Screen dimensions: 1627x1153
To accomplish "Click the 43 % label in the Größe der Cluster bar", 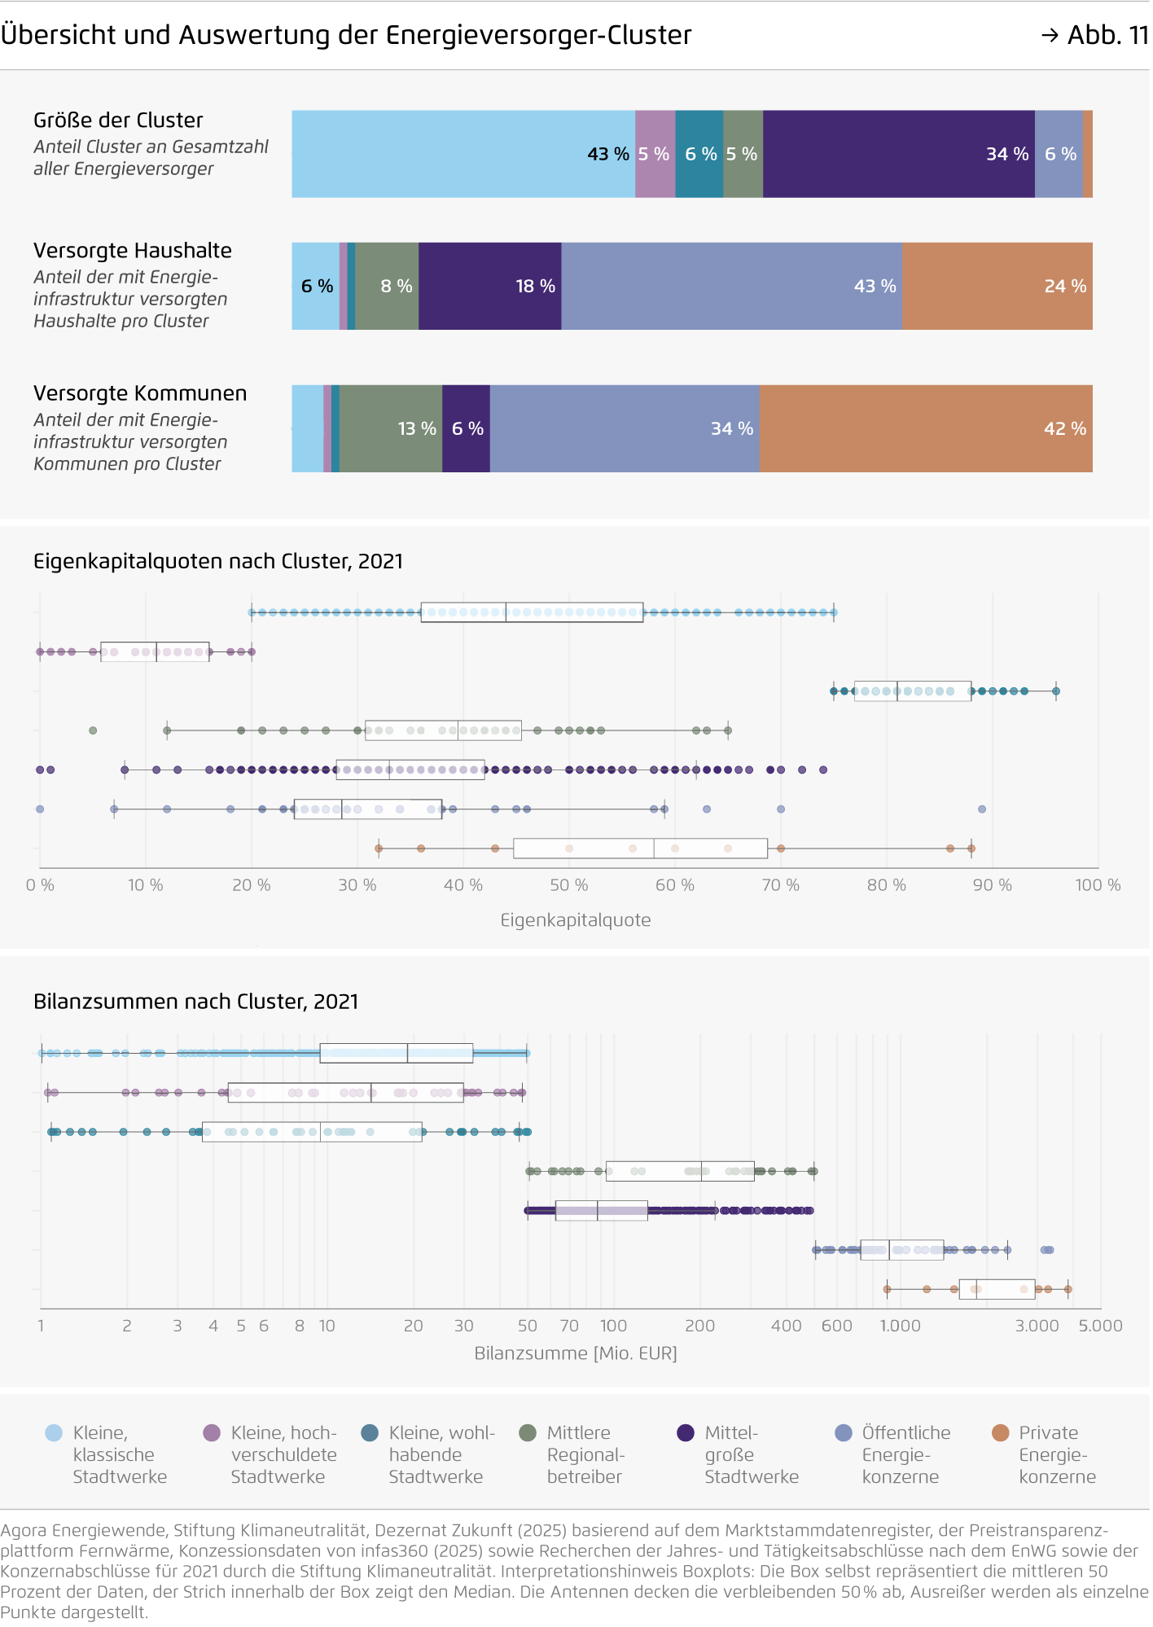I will (x=607, y=154).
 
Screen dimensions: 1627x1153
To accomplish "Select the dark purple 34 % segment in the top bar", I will (x=898, y=154).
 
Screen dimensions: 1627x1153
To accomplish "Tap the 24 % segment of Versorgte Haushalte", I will (x=997, y=286).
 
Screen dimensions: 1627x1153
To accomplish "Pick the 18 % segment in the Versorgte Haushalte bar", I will (x=489, y=286).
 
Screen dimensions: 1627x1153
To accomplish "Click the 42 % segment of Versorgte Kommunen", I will (x=926, y=428).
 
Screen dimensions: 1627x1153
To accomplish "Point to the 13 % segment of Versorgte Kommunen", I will (x=391, y=428).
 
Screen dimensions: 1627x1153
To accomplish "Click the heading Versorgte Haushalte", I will (x=133, y=250).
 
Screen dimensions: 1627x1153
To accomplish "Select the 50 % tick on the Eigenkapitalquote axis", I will (x=568, y=885).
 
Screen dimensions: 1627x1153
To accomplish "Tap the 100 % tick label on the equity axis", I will (x=1098, y=885).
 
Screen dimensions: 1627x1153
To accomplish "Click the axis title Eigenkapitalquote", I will (x=576, y=920).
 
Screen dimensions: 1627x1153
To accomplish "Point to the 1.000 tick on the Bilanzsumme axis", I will (x=900, y=1326).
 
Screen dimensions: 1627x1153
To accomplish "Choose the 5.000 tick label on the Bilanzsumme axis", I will (x=1100, y=1326).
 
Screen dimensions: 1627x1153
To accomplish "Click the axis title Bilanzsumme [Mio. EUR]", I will (x=576, y=1353).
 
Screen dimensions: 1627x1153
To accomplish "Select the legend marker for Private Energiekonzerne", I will (x=1001, y=1432).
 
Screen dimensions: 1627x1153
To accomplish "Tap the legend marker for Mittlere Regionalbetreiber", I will (x=528, y=1432).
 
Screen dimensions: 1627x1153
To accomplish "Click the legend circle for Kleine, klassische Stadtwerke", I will (x=54, y=1432).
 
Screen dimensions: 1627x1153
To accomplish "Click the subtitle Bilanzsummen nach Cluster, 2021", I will (x=195, y=1002).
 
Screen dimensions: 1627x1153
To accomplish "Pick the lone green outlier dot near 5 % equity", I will (x=93, y=730).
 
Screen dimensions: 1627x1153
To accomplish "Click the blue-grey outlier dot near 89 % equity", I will (x=982, y=809).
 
